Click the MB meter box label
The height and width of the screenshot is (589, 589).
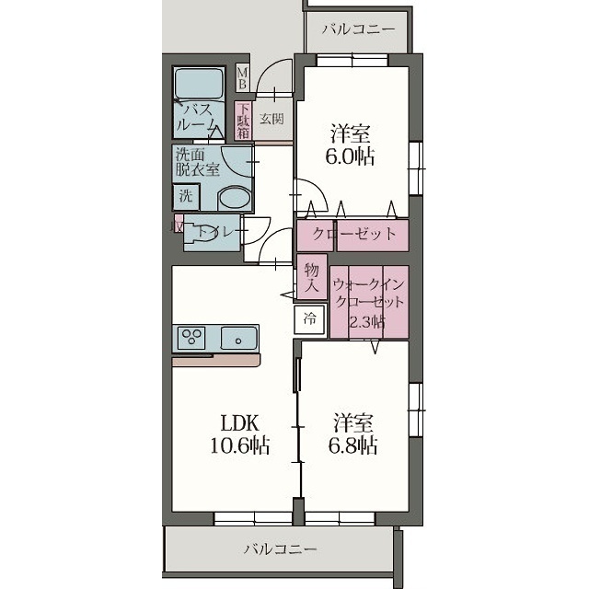(x=243, y=77)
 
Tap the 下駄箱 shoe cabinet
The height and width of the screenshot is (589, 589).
(x=243, y=121)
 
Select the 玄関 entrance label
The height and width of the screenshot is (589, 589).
(x=271, y=120)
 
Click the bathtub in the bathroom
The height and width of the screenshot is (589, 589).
(x=199, y=84)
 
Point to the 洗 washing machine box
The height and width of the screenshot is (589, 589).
(x=186, y=197)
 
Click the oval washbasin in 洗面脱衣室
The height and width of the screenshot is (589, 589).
(x=234, y=198)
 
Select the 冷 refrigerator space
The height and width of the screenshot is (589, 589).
(x=310, y=319)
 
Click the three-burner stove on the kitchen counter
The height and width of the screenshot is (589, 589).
(x=191, y=335)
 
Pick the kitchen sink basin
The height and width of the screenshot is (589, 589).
(x=238, y=338)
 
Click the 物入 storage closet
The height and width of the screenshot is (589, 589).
(x=311, y=277)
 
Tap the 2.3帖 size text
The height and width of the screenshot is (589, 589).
(x=367, y=322)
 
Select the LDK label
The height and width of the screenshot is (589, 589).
(x=239, y=423)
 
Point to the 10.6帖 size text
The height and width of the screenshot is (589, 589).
(x=239, y=445)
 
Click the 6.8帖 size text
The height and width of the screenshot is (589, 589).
(x=352, y=445)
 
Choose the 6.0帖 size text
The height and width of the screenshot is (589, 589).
(x=350, y=157)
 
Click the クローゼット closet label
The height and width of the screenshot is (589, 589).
(x=354, y=235)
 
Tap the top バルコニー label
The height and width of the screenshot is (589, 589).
(x=359, y=29)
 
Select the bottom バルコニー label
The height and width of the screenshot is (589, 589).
(x=281, y=549)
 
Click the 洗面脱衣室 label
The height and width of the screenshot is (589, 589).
(x=197, y=162)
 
